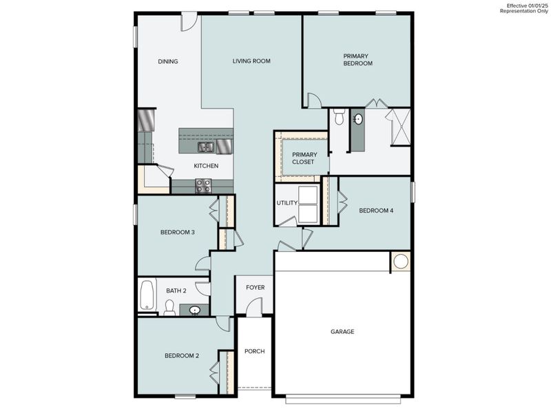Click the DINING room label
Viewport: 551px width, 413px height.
coord(168,61)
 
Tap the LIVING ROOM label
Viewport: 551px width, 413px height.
coord(251,61)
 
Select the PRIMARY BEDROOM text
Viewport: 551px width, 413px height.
coord(357,60)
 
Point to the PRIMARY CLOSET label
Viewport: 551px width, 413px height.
coord(303,158)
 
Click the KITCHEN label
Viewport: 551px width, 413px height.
coord(206,166)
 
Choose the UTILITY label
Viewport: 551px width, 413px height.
coord(287,203)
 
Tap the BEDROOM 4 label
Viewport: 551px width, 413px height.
coord(376,211)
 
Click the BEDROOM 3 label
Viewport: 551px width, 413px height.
coord(178,232)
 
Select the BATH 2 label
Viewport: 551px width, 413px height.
coord(176,290)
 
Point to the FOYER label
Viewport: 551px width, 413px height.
coord(256,287)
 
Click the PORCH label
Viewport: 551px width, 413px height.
coord(255,351)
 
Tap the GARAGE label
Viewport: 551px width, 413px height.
coord(342,332)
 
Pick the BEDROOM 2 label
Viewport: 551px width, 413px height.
coord(182,356)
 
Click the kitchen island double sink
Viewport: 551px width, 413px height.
coord(206,147)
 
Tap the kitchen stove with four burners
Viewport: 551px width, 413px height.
coord(203,185)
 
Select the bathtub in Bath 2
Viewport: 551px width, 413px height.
coord(147,295)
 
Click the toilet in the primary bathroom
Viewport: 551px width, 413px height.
coord(339,118)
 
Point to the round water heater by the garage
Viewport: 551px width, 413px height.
coord(401,262)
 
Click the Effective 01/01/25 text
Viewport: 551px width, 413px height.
coord(528,6)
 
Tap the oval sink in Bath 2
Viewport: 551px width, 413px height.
coord(195,310)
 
